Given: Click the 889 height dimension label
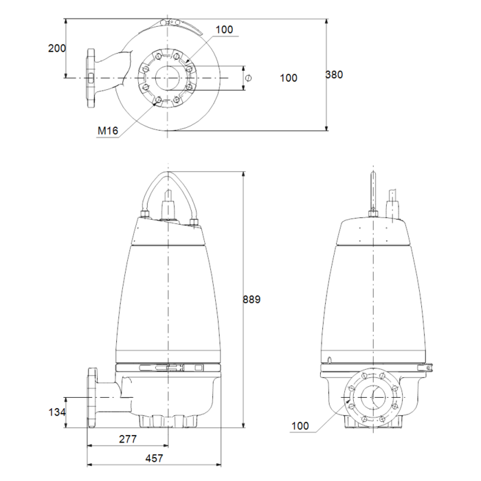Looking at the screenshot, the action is [251, 299].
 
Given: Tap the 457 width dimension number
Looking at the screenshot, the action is [154, 458].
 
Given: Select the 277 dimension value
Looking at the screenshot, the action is [128, 439].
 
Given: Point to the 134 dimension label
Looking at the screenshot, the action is [57, 412].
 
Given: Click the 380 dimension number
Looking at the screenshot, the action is [334, 74].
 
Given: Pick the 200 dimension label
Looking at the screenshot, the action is [57, 48].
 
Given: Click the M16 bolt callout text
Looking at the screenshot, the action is [108, 131].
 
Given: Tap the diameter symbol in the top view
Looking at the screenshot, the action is [249, 78].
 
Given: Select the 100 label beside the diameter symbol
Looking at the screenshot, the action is [289, 78].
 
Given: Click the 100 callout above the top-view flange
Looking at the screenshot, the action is [224, 30].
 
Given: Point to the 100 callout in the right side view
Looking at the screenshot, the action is [300, 425].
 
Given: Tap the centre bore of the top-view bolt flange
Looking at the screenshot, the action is [168, 78].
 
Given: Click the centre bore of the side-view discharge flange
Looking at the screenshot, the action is [373, 396].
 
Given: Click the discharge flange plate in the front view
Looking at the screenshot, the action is [91, 398].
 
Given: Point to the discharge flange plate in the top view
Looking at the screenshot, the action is [91, 78].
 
